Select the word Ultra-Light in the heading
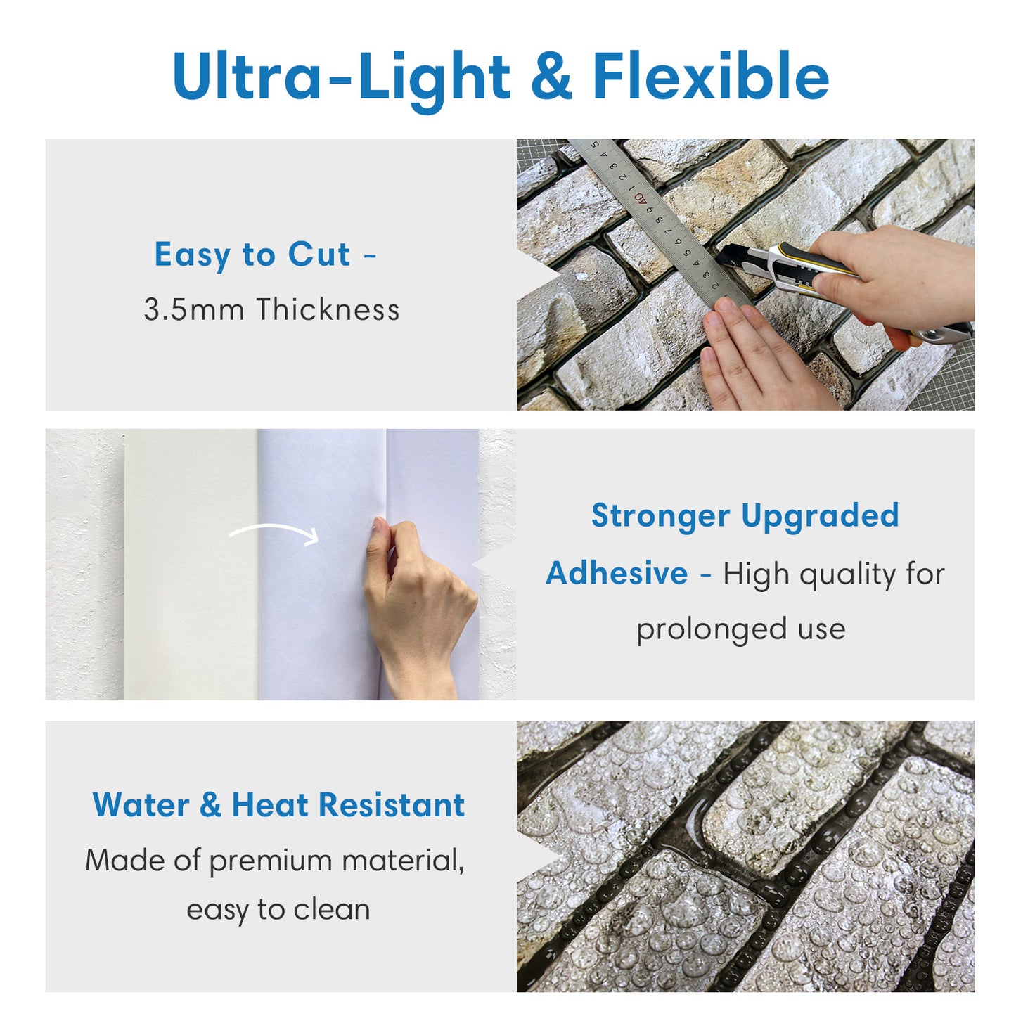coord(341,77)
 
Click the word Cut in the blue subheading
coord(319,255)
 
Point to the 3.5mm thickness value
coord(194,310)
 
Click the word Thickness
coord(328,310)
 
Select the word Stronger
coord(660,516)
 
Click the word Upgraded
coord(820,516)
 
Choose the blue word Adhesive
coord(617,574)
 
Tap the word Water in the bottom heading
coord(141,805)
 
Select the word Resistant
coord(391,805)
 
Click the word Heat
coord(270,805)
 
